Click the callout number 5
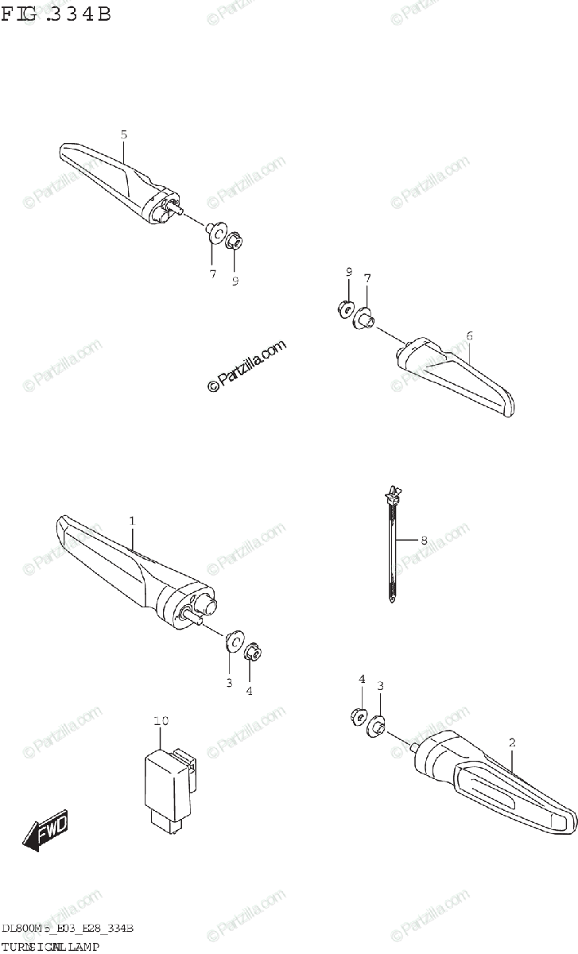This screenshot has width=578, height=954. pyautogui.click(x=124, y=134)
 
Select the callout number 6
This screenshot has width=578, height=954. pyautogui.click(x=469, y=335)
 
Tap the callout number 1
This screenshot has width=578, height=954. pyautogui.click(x=132, y=521)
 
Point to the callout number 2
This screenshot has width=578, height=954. pyautogui.click(x=512, y=743)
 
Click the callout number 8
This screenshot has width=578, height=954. pyautogui.click(x=424, y=541)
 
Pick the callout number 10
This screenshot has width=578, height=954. pyautogui.click(x=161, y=721)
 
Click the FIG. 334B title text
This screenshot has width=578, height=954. pyautogui.click(x=56, y=14)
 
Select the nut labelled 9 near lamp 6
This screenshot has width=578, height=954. pyautogui.click(x=347, y=308)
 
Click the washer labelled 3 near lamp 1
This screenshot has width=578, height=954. pyautogui.click(x=235, y=641)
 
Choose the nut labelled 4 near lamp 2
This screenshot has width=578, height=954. pyautogui.click(x=358, y=715)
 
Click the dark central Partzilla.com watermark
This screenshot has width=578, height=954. pyautogui.click(x=246, y=366)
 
